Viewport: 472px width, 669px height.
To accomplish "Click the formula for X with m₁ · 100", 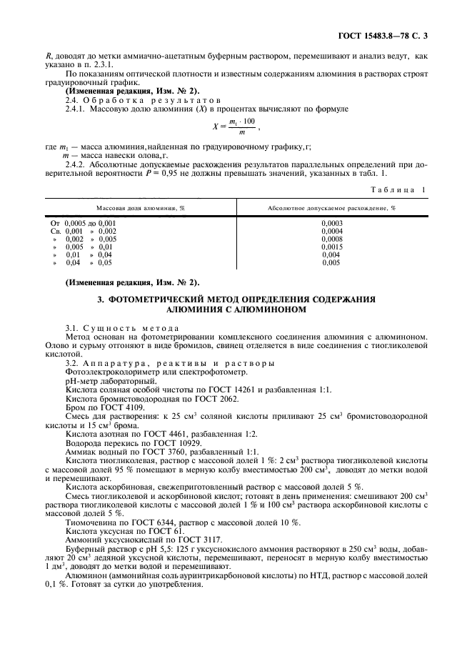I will click(x=235, y=126).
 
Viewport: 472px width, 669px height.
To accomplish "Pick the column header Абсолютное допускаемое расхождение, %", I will click(x=331, y=207).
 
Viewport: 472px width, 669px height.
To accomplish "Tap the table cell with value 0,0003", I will click(x=332, y=223).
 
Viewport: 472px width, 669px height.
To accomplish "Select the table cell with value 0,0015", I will click(x=332, y=247).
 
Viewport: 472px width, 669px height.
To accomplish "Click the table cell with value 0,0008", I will click(x=332, y=239).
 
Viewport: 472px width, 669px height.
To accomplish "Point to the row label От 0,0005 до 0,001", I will click(x=82, y=223).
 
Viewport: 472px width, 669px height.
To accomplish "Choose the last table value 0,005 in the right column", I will click(x=331, y=262).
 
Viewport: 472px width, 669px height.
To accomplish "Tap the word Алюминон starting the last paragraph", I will click(x=84, y=573).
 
